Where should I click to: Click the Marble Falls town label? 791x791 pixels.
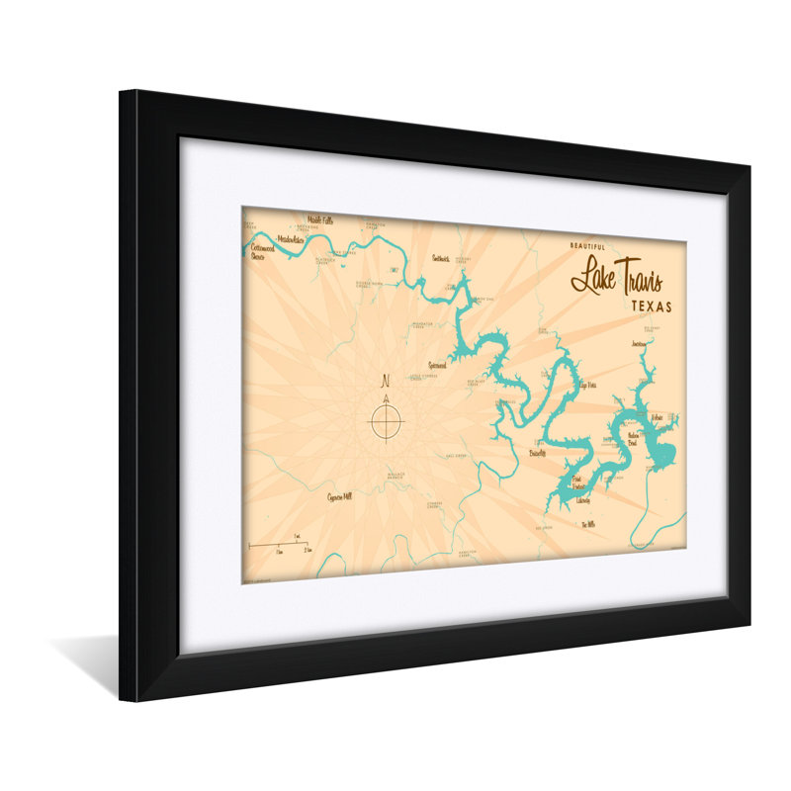[320, 220]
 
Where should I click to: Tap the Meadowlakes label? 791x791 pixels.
[292, 239]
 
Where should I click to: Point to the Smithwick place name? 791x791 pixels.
[441, 258]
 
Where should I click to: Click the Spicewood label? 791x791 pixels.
[437, 365]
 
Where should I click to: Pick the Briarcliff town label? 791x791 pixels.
[538, 451]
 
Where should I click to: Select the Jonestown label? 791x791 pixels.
[640, 343]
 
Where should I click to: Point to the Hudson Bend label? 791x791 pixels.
[634, 439]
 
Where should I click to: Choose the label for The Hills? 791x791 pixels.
[588, 524]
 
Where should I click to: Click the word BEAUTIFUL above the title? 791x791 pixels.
[590, 245]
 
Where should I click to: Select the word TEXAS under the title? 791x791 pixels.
[651, 307]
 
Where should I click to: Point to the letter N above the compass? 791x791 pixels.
[386, 381]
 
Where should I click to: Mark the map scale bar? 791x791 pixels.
[280, 544]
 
